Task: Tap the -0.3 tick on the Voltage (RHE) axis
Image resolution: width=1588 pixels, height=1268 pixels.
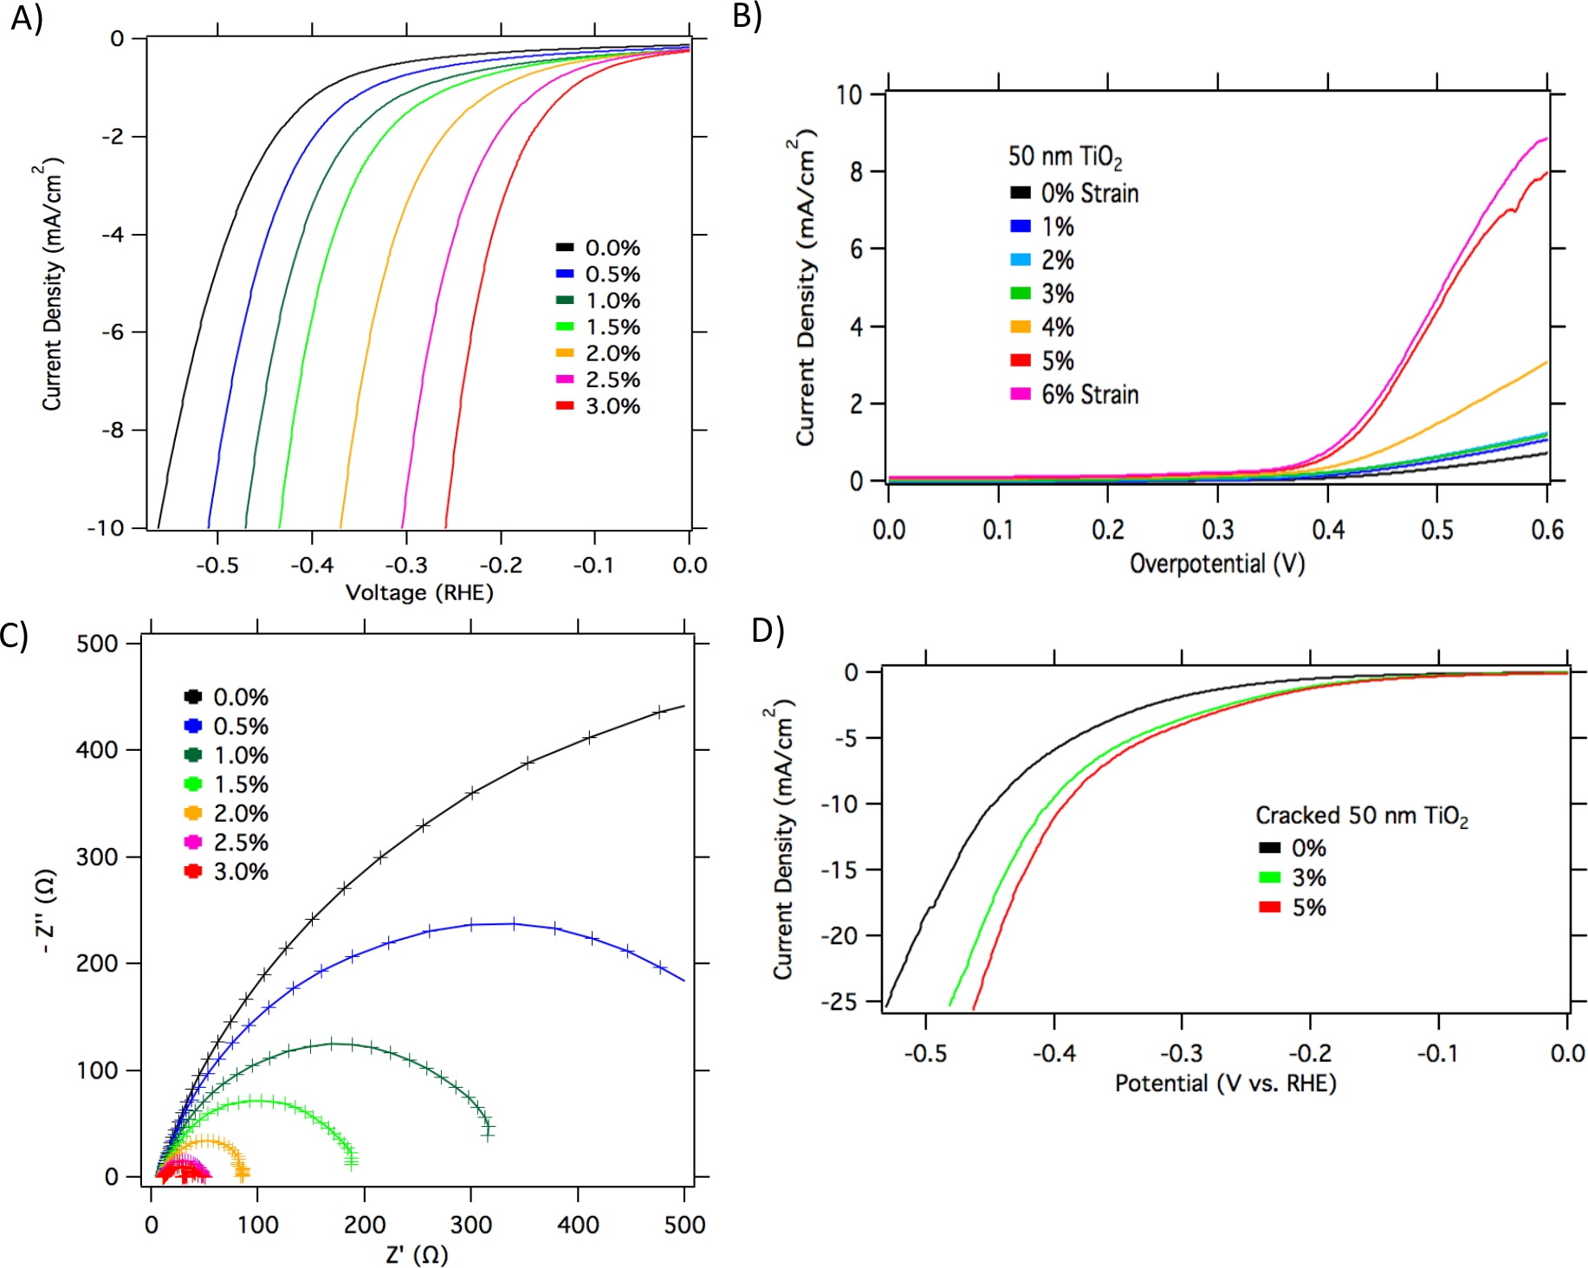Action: coord(406,566)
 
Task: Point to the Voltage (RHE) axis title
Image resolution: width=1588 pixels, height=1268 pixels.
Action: coord(419,593)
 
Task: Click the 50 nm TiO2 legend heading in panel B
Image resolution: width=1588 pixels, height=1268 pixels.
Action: coord(1065,157)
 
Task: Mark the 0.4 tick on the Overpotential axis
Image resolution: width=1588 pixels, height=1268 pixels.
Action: coord(1327,529)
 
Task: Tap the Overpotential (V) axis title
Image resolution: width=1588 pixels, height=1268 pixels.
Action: coord(1216,564)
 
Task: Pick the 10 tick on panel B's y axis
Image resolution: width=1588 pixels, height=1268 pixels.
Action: coord(849,94)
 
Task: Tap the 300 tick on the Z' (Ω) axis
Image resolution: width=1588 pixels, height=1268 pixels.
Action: coord(471,1225)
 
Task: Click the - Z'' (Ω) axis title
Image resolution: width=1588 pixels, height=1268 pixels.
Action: coord(48,911)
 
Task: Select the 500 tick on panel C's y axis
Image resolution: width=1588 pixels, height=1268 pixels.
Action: coord(96,644)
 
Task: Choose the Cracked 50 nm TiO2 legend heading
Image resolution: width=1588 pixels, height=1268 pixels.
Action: coord(1361,816)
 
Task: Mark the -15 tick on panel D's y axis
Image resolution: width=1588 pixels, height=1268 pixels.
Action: coord(839,870)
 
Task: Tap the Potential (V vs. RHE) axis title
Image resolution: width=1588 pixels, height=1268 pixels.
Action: coord(1225,1084)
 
